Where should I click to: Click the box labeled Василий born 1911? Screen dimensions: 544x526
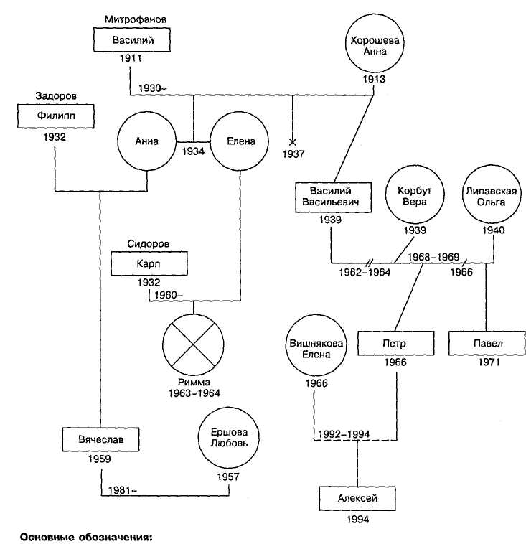tap(133, 39)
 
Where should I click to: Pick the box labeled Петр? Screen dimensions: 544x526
tap(394, 344)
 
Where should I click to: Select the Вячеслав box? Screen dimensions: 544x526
tap(98, 437)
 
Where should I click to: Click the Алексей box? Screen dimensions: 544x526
tap(357, 497)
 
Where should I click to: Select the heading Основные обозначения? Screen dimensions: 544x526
tap(87, 536)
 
